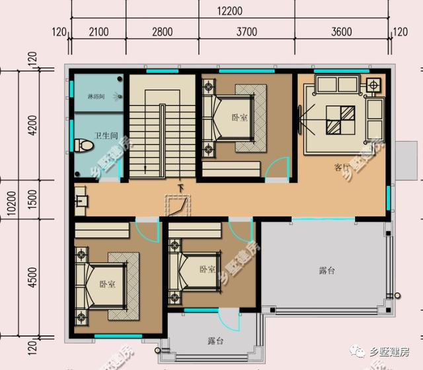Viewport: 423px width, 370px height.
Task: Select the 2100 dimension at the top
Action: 97,31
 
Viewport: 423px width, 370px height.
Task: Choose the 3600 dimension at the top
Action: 342,31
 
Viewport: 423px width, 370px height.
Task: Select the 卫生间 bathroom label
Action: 105,136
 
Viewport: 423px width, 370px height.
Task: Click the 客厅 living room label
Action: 342,167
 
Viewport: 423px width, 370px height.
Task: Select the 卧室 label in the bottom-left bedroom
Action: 107,283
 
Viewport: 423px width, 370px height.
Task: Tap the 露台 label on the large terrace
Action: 327,271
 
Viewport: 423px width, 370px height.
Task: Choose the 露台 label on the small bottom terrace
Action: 215,341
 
